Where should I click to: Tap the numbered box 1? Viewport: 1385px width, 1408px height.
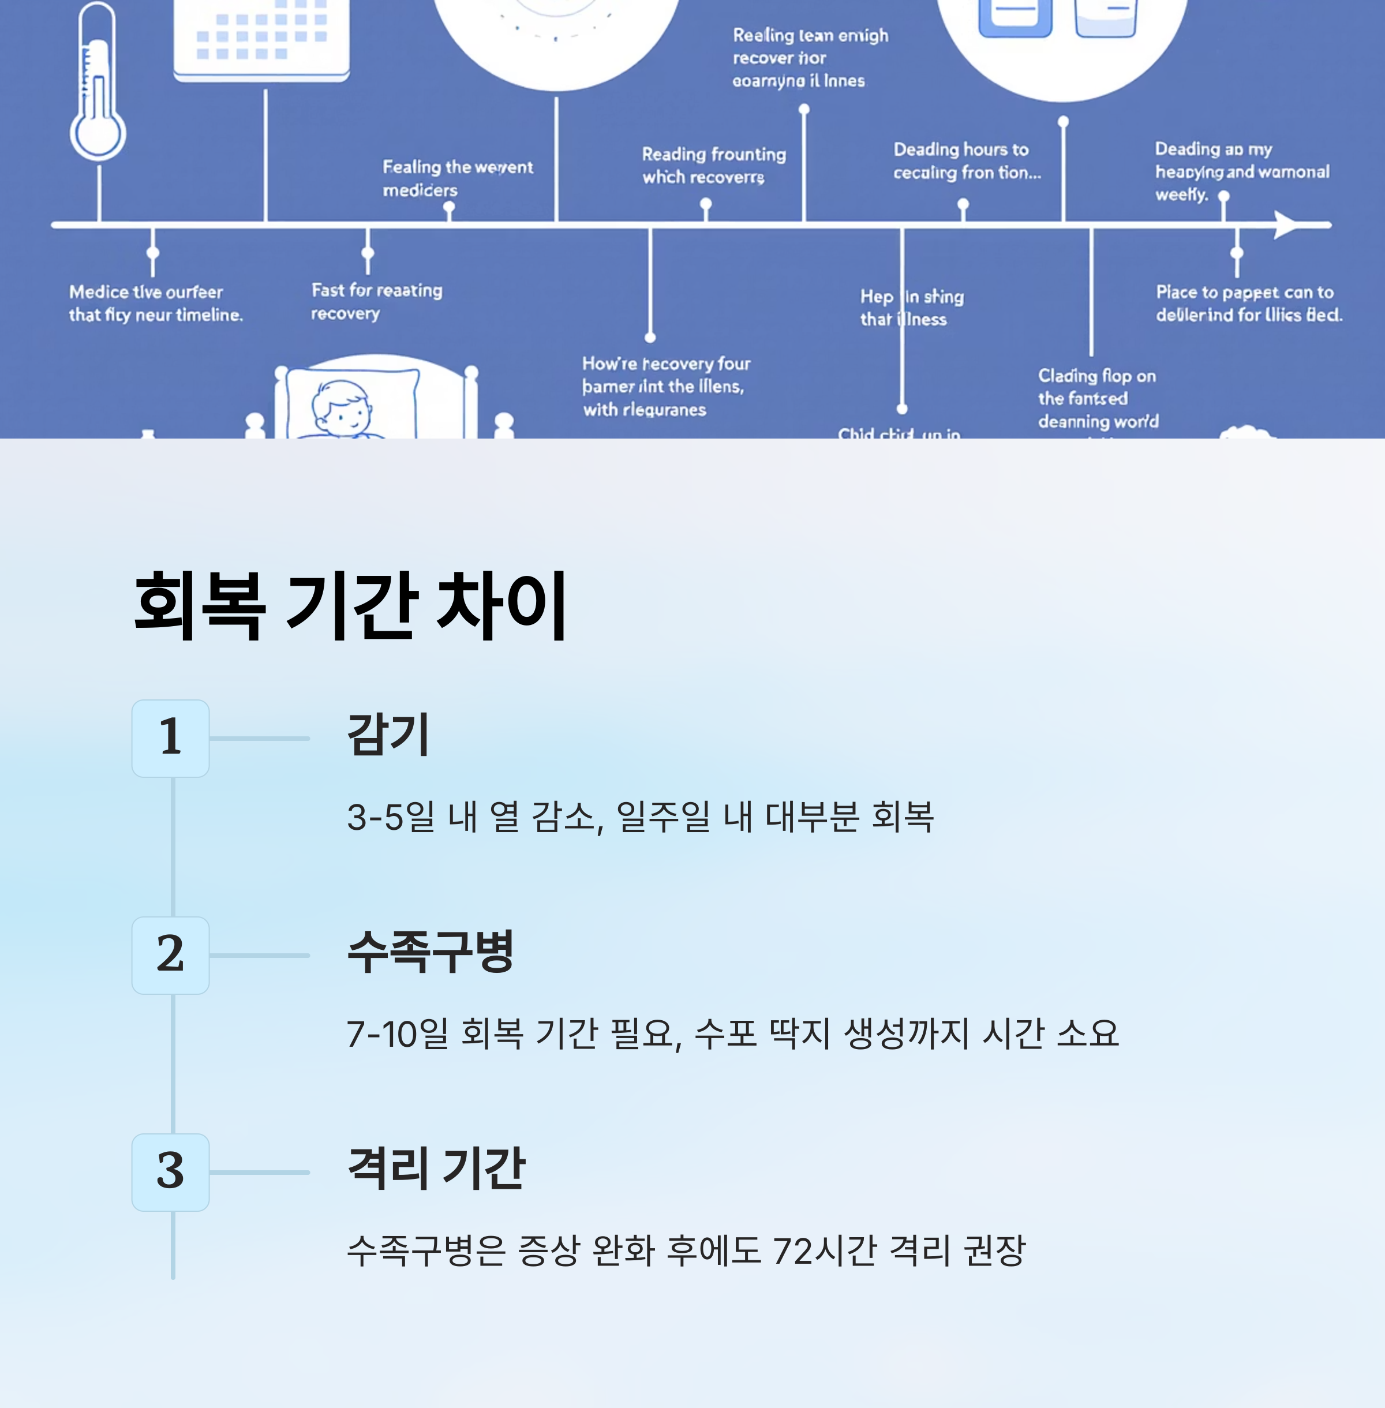tap(170, 737)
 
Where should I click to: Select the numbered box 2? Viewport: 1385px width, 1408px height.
tap(170, 954)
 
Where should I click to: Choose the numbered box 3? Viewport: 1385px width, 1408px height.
tap(170, 1171)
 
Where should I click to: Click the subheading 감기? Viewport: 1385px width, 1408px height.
tap(388, 735)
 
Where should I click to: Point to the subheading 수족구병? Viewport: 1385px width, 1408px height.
tap(431, 952)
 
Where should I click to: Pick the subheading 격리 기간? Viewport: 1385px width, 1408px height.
tap(436, 1168)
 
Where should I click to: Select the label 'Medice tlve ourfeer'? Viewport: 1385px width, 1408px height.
tap(146, 291)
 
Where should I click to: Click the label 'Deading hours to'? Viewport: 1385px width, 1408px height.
tap(961, 149)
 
